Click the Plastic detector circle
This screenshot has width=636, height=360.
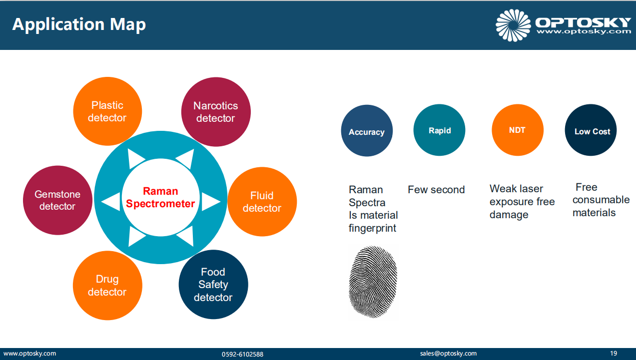107,111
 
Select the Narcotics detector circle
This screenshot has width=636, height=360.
216,112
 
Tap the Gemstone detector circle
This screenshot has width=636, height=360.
57,200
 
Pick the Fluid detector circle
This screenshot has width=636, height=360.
262,202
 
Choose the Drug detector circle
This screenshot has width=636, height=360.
107,286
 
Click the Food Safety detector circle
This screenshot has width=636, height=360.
213,284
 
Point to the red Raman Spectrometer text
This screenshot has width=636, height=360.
160,197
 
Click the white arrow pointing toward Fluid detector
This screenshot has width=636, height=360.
211,202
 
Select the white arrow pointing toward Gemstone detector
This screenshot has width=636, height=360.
111,202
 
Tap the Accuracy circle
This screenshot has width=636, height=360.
367,130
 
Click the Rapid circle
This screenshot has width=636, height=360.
439,130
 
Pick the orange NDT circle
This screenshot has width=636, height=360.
518,130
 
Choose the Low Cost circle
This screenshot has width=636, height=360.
591,130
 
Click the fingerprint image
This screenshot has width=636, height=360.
373,282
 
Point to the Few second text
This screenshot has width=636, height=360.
436,190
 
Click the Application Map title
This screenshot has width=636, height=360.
79,24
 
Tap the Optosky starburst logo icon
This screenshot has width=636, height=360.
513,25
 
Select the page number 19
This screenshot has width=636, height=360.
614,353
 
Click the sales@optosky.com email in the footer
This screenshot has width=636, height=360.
448,354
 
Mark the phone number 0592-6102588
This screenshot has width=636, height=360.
242,354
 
